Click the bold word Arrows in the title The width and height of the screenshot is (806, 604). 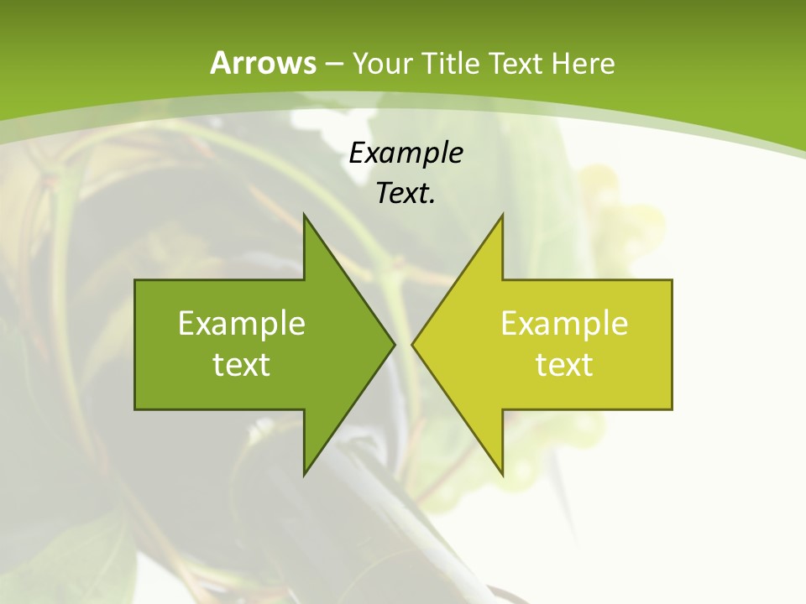pos(263,64)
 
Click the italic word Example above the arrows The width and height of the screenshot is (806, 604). pos(406,154)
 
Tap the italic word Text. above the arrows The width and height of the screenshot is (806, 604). pos(406,194)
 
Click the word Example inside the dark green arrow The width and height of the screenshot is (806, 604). pos(242,323)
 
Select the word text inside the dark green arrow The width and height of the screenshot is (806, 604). pos(242,365)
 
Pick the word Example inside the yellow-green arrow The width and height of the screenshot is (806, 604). pos(564,323)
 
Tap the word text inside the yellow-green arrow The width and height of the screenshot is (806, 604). pos(564,365)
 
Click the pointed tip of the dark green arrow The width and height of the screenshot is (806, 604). pos(395,344)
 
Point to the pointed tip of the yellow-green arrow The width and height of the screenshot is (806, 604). pos(411,344)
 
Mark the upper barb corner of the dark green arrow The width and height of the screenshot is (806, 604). pos(304,215)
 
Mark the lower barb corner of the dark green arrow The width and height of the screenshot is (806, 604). pos(304,475)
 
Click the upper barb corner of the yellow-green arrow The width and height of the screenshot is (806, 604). pos(502,215)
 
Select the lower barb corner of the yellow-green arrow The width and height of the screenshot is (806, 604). pos(502,475)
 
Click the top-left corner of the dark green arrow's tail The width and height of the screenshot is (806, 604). pos(135,280)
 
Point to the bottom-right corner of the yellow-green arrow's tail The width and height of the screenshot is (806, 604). pos(672,409)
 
